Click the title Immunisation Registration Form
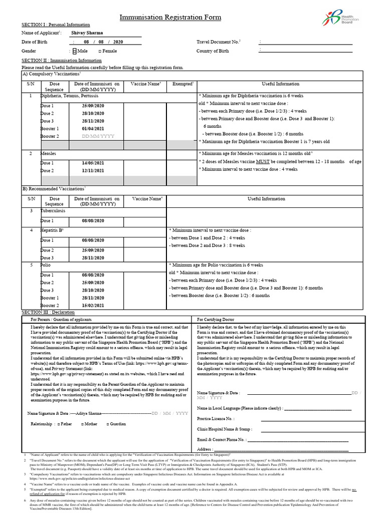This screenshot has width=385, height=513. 170,18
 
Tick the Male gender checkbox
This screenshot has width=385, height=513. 75,51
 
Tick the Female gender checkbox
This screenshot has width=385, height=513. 100,51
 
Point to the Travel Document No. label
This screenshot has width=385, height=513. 219,42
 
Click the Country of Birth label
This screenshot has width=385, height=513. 213,51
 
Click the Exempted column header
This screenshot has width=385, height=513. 182,84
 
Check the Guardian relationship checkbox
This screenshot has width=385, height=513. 108,424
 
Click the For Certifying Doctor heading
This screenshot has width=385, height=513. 216,319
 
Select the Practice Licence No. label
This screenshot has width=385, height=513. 216,418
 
